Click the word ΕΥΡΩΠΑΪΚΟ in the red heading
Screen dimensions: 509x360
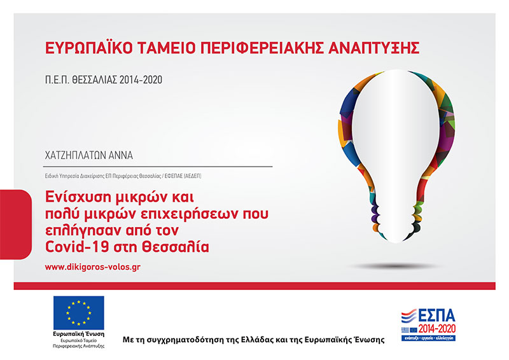[x=88, y=48]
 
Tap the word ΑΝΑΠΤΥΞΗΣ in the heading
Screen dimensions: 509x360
[x=373, y=48]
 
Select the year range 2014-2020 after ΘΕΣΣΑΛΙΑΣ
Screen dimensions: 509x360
[x=141, y=80]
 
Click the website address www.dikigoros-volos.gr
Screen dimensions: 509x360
[x=92, y=267]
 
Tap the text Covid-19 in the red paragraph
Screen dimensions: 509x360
[x=76, y=247]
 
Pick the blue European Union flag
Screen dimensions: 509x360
[x=79, y=312]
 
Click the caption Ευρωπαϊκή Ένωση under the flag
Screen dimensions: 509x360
[x=79, y=334]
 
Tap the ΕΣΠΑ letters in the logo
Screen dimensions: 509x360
[x=436, y=316]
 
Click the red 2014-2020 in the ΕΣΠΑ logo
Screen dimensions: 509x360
[x=437, y=329]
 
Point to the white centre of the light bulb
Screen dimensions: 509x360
[x=396, y=136]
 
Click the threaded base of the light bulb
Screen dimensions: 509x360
[x=396, y=221]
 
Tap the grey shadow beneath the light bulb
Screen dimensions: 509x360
[x=395, y=267]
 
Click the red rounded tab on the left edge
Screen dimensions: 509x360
[x=15, y=225]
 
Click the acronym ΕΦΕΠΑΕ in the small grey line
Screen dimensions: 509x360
[x=174, y=176]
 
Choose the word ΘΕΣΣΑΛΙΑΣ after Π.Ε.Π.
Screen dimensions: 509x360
[x=94, y=80]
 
